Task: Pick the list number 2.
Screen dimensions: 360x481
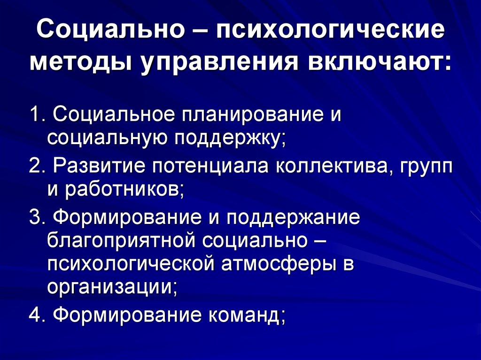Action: click(x=35, y=166)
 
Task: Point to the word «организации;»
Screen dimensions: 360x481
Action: click(x=112, y=287)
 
